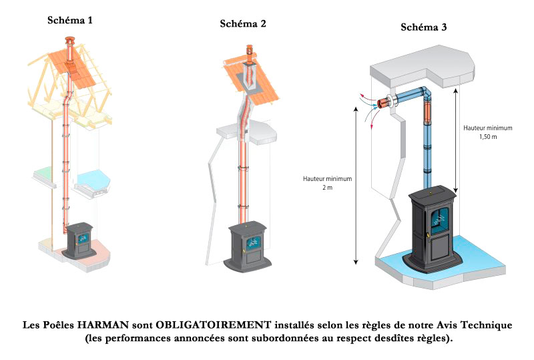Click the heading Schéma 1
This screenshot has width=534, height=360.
(x=69, y=19)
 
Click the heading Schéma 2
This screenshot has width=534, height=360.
(x=243, y=24)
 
